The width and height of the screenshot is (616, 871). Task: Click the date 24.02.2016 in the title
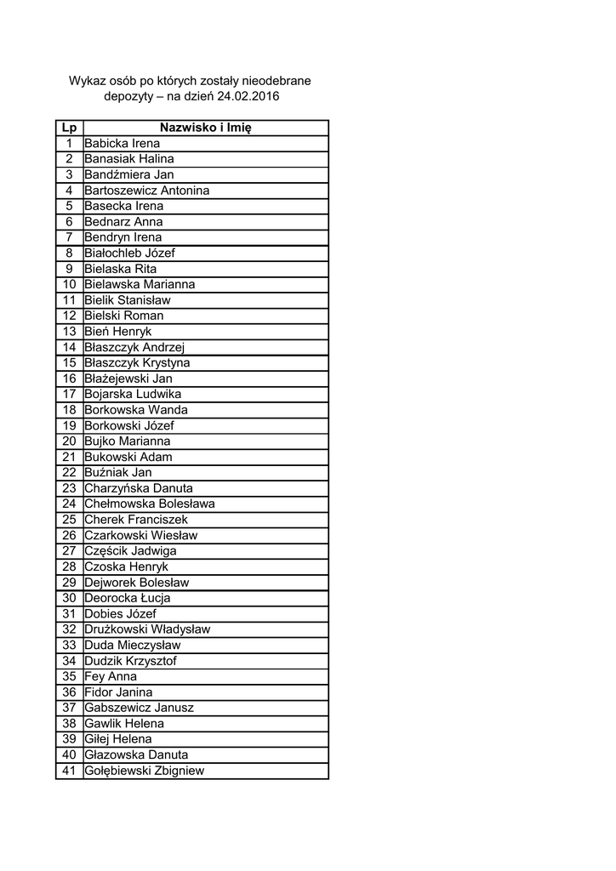coord(248,97)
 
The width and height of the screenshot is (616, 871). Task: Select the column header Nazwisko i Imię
coord(205,128)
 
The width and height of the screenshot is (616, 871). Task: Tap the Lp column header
coord(69,128)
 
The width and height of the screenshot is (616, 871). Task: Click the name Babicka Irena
coord(122,144)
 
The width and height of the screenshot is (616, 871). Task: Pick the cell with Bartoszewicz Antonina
coord(146,191)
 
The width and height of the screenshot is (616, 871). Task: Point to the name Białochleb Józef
coord(129,253)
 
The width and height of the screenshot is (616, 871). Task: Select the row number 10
coord(70,284)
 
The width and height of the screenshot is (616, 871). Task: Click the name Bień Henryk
coord(117,332)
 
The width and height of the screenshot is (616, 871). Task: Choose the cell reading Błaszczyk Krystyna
coord(137,363)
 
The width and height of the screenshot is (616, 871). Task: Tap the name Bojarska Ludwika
coord(133,395)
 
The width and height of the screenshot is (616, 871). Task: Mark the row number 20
coord(70,441)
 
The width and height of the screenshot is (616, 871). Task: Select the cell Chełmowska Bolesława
coord(149,504)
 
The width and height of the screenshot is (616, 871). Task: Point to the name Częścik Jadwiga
coord(130,551)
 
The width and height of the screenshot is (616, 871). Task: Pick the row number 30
coord(70,598)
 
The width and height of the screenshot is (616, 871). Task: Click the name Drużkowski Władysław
coord(147,629)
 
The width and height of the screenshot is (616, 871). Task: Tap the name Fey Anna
coord(111,677)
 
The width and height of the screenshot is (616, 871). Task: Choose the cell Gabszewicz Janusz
coord(139,708)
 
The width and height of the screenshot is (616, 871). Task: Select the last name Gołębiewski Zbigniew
coord(144,771)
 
